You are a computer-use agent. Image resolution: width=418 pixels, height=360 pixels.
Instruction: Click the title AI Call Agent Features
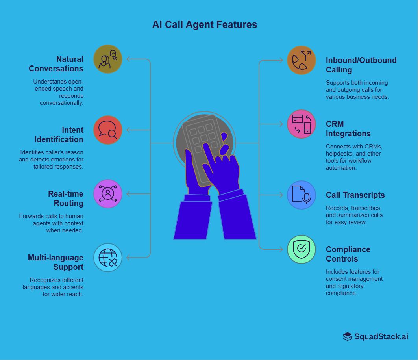pyautogui.click(x=205, y=24)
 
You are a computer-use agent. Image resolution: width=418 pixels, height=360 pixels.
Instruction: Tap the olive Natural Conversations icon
pyautogui.click(x=108, y=59)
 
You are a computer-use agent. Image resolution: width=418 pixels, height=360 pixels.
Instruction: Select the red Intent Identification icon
pyautogui.click(x=108, y=130)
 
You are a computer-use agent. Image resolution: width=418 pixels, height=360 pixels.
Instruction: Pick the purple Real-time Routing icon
pyautogui.click(x=108, y=194)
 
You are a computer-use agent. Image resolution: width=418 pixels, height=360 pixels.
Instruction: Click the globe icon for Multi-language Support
pyautogui.click(x=108, y=258)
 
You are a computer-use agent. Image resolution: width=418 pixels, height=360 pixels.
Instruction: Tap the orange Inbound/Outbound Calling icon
pyautogui.click(x=301, y=60)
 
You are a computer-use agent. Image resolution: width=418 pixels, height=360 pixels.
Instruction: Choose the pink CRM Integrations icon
pyautogui.click(x=301, y=124)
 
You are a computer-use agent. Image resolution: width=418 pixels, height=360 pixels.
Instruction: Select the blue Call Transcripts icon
pyautogui.click(x=301, y=195)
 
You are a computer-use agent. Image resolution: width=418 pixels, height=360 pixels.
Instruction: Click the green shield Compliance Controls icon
pyautogui.click(x=301, y=249)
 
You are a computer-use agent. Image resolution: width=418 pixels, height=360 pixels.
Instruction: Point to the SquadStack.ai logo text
pyautogui.click(x=381, y=336)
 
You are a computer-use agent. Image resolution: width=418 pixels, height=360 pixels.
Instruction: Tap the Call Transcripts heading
pyautogui.click(x=355, y=195)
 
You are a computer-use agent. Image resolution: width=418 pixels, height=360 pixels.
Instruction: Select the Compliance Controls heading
pyautogui.click(x=348, y=254)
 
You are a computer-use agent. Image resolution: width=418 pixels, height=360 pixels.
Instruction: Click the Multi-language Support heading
pyautogui.click(x=56, y=262)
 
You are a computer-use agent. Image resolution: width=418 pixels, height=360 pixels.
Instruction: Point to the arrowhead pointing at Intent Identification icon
pyautogui.click(x=128, y=130)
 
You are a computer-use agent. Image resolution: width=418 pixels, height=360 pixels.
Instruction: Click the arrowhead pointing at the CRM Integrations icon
pyautogui.click(x=281, y=124)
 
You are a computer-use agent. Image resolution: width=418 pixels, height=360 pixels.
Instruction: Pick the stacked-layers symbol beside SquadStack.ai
pyautogui.click(x=348, y=336)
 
